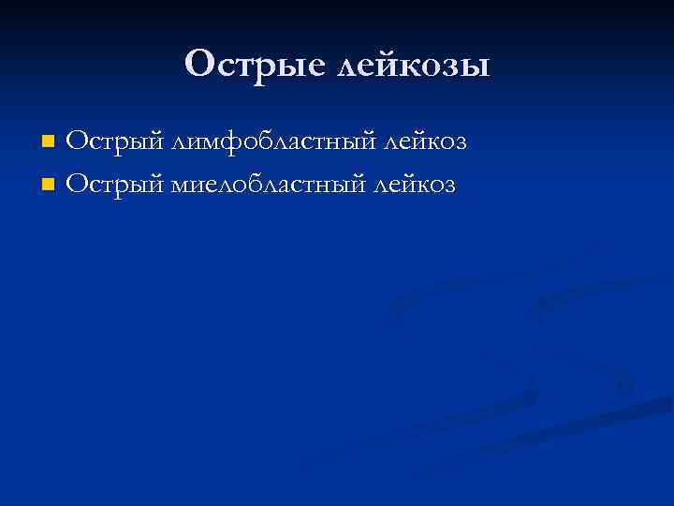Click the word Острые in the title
pyautogui.click(x=246, y=65)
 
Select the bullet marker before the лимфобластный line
pyautogui.click(x=49, y=142)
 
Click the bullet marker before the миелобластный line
pyautogui.click(x=49, y=184)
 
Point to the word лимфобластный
pyautogui.click(x=271, y=142)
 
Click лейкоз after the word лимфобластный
pyautogui.click(x=423, y=142)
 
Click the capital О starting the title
pyautogui.click(x=200, y=65)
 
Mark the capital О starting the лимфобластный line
pyautogui.click(x=78, y=142)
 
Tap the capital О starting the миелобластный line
pyautogui.click(x=78, y=184)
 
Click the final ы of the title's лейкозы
pyautogui.click(x=476, y=67)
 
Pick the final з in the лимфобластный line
pyautogui.click(x=459, y=144)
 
